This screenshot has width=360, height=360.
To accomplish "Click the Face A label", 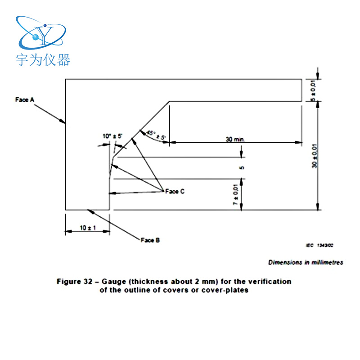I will click(25, 100).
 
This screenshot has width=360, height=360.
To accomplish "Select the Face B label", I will click(150, 240).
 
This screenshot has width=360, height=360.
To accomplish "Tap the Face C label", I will click(175, 191).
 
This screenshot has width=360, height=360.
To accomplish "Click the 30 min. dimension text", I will click(234, 139).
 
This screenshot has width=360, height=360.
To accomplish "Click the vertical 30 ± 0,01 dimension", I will click(315, 155).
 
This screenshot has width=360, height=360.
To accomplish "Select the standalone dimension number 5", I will click(242, 168).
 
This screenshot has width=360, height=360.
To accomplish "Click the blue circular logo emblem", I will click(40, 33).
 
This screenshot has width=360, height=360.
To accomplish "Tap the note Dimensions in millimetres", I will click(306, 262).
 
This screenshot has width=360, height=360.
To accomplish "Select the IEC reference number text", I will click(319, 246).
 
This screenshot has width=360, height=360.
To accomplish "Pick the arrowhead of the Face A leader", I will click(64, 121).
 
